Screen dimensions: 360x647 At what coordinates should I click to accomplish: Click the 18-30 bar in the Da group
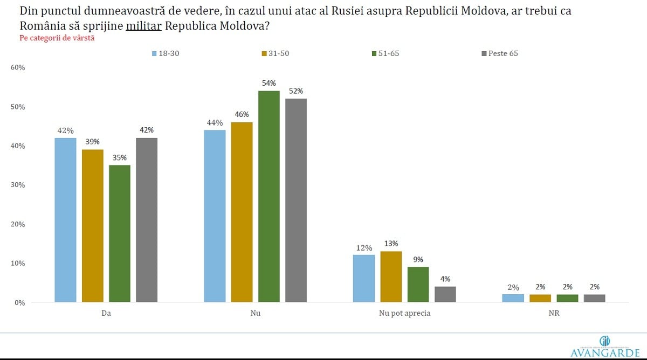pos(65,220)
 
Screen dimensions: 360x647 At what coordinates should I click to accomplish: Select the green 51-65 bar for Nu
pos(269,196)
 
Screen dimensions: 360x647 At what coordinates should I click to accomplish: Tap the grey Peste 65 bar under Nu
pos(295,200)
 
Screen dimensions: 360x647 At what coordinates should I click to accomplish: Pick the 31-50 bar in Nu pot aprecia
pos(391,276)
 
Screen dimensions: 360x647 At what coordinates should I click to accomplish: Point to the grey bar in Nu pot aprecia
pos(445,294)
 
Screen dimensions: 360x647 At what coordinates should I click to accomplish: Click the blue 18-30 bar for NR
pos(513,298)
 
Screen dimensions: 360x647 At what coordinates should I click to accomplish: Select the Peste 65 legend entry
pos(499,53)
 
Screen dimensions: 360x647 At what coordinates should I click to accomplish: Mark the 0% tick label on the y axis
pos(20,302)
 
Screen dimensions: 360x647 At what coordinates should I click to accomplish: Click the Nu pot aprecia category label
pos(404,313)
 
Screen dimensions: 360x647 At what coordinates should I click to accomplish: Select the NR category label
pos(553,313)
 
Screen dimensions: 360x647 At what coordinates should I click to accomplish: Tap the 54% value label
pos(269,83)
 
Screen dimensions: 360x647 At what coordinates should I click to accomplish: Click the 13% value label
pos(391,244)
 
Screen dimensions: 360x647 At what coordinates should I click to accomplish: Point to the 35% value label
pos(119,157)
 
